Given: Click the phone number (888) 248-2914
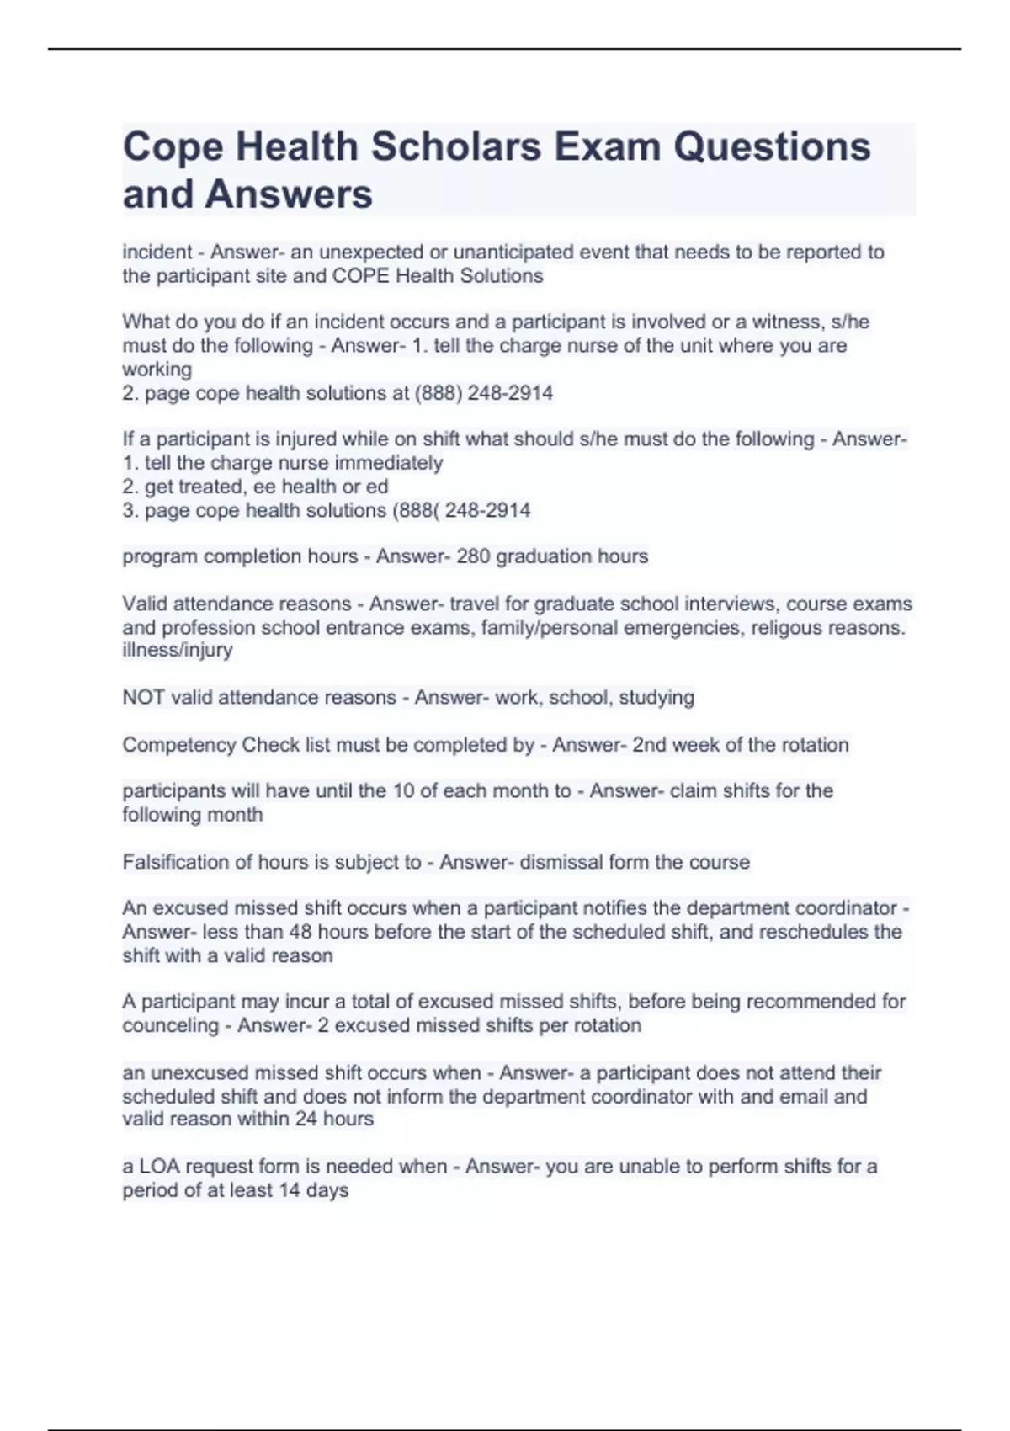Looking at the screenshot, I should pos(484,393).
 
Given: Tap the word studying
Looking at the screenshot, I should pos(656,698).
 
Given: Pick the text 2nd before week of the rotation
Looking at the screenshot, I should pos(649,745).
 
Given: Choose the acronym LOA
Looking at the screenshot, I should pos(159,1167).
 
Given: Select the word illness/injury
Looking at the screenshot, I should pos(178,650).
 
